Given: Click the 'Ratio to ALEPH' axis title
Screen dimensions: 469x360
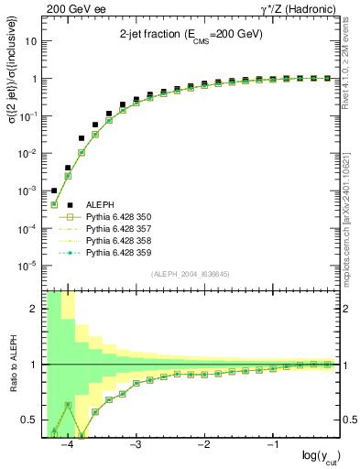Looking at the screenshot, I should pos(11,365).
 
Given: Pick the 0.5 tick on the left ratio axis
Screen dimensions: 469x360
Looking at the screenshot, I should pos(29,420).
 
